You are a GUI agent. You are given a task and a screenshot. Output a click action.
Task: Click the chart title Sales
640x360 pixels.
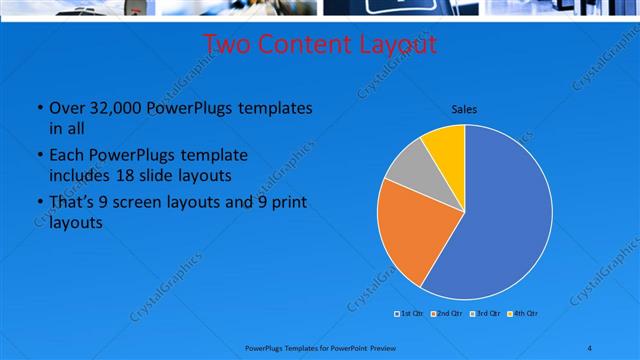464,109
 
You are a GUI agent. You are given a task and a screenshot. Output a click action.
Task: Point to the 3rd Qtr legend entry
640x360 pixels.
484,314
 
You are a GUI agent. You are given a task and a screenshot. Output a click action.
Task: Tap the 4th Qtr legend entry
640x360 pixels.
521,314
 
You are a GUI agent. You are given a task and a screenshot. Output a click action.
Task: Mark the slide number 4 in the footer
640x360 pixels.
590,348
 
